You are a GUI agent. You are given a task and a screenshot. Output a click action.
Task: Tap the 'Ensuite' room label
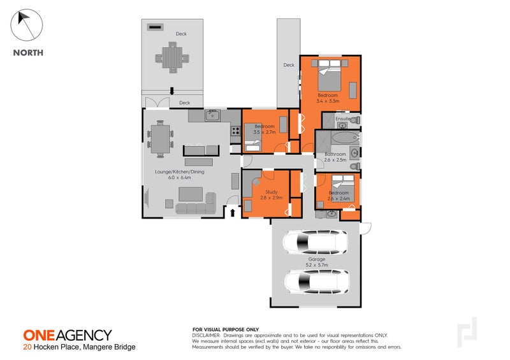(343, 119)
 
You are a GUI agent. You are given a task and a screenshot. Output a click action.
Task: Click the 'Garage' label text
(317, 259)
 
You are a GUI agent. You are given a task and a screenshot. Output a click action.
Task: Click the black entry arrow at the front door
(232, 212)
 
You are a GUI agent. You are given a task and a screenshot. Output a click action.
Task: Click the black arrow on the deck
(171, 91)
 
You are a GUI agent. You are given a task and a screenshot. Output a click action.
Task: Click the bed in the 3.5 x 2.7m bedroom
(253, 140)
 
